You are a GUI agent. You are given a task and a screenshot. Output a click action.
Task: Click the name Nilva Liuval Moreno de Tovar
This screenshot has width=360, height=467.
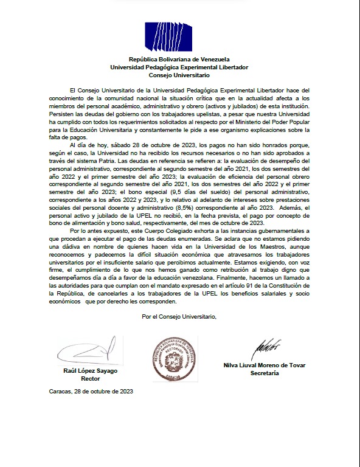point(265,365)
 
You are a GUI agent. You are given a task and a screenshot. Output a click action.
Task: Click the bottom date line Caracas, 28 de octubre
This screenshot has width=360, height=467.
point(91,393)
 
